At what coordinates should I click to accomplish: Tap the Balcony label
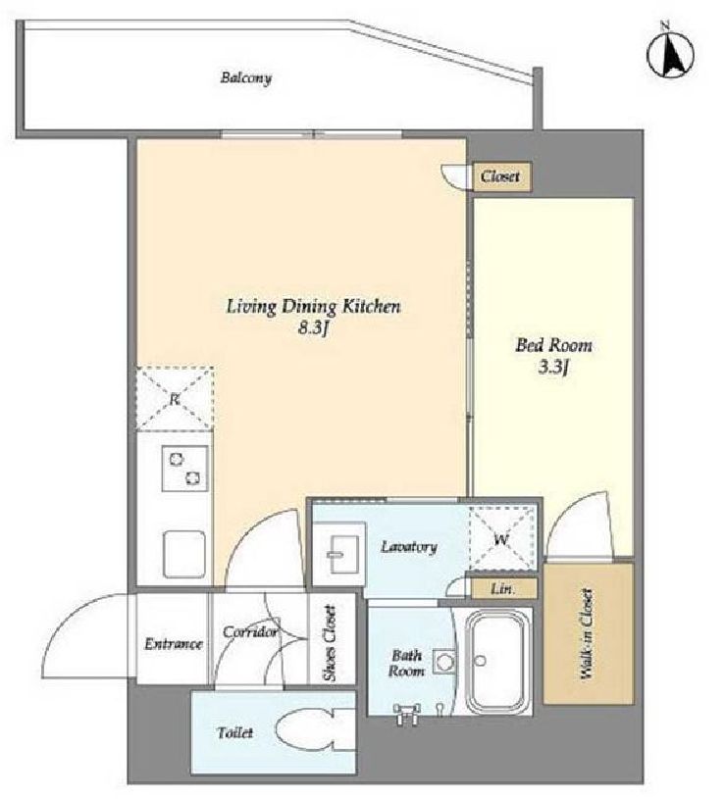(x=246, y=78)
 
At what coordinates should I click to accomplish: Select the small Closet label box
(x=502, y=176)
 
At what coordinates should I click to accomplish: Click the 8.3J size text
(x=312, y=328)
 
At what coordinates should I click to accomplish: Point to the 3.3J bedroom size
(x=553, y=367)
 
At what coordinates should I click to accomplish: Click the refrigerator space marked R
(x=175, y=398)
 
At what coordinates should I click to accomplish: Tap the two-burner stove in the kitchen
(x=184, y=469)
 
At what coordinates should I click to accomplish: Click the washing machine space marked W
(x=501, y=538)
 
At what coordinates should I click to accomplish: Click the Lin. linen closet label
(x=502, y=589)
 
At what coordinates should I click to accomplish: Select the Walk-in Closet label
(x=587, y=634)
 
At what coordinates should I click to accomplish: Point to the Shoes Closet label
(x=331, y=642)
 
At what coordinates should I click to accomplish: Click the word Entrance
(x=174, y=644)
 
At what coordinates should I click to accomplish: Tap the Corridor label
(x=250, y=632)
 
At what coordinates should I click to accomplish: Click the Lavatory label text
(x=409, y=547)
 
